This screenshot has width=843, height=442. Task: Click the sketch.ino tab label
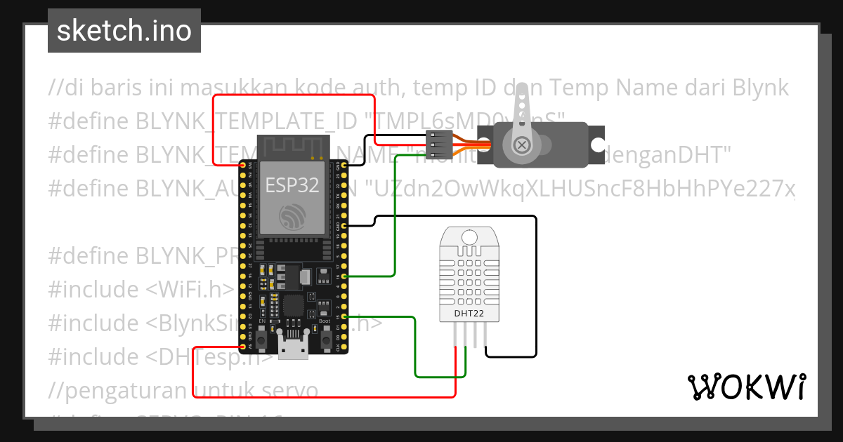pyautogui.click(x=124, y=31)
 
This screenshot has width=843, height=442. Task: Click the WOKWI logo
pyautogui.click(x=746, y=387)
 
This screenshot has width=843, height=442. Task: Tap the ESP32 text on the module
pyautogui.click(x=292, y=185)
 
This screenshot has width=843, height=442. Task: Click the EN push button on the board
pyautogui.click(x=261, y=341)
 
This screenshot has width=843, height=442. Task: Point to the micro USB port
pyautogui.click(x=293, y=348)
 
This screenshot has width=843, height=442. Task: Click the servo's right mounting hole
pyautogui.click(x=597, y=145)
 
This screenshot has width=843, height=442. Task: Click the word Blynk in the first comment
pyautogui.click(x=760, y=88)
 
